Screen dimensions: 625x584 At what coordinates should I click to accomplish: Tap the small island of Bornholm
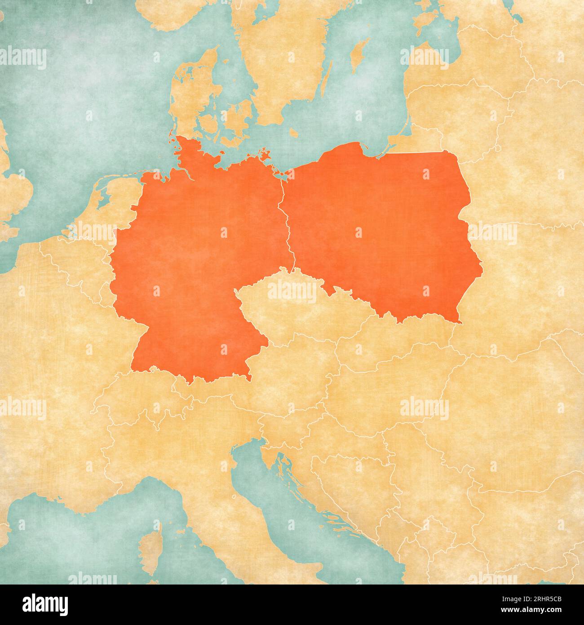[x=294, y=133]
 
